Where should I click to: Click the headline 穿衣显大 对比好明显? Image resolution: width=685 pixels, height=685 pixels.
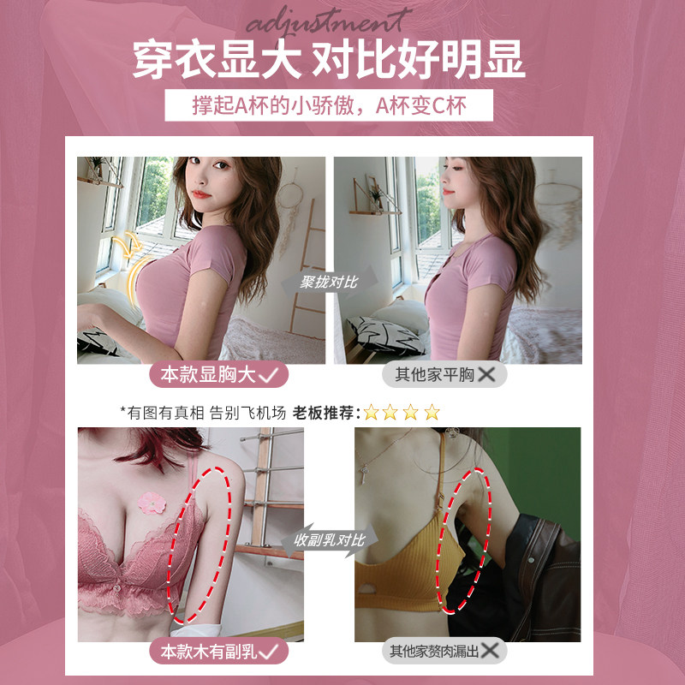pos(329,63)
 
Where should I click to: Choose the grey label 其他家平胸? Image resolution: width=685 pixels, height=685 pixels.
pos(444,374)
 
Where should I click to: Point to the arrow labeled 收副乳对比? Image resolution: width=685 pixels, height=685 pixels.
pos(329,540)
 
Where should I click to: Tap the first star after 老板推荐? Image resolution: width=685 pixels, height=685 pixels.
pos(371,412)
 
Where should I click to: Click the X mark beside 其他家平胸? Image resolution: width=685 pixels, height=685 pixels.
pos(489,374)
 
